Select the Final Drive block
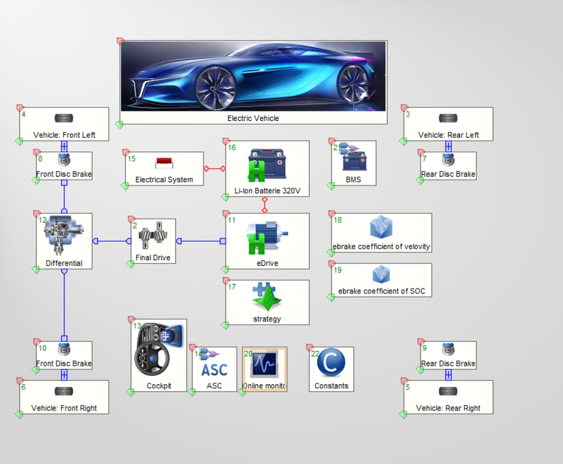tap(153, 241)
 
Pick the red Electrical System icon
tap(164, 163)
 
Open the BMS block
tap(354, 163)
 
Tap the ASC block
tap(214, 369)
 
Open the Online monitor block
tap(265, 369)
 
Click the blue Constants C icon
tap(331, 363)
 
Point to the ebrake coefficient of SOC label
tap(381, 291)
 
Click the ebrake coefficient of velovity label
tap(381, 246)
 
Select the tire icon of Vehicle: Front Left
tap(64, 118)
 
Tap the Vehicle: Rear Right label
tap(448, 408)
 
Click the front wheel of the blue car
tap(216, 87)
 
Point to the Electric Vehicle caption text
tap(253, 118)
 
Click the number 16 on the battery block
tap(232, 148)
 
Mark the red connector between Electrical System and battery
tap(214, 168)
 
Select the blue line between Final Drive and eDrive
tap(200, 241)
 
